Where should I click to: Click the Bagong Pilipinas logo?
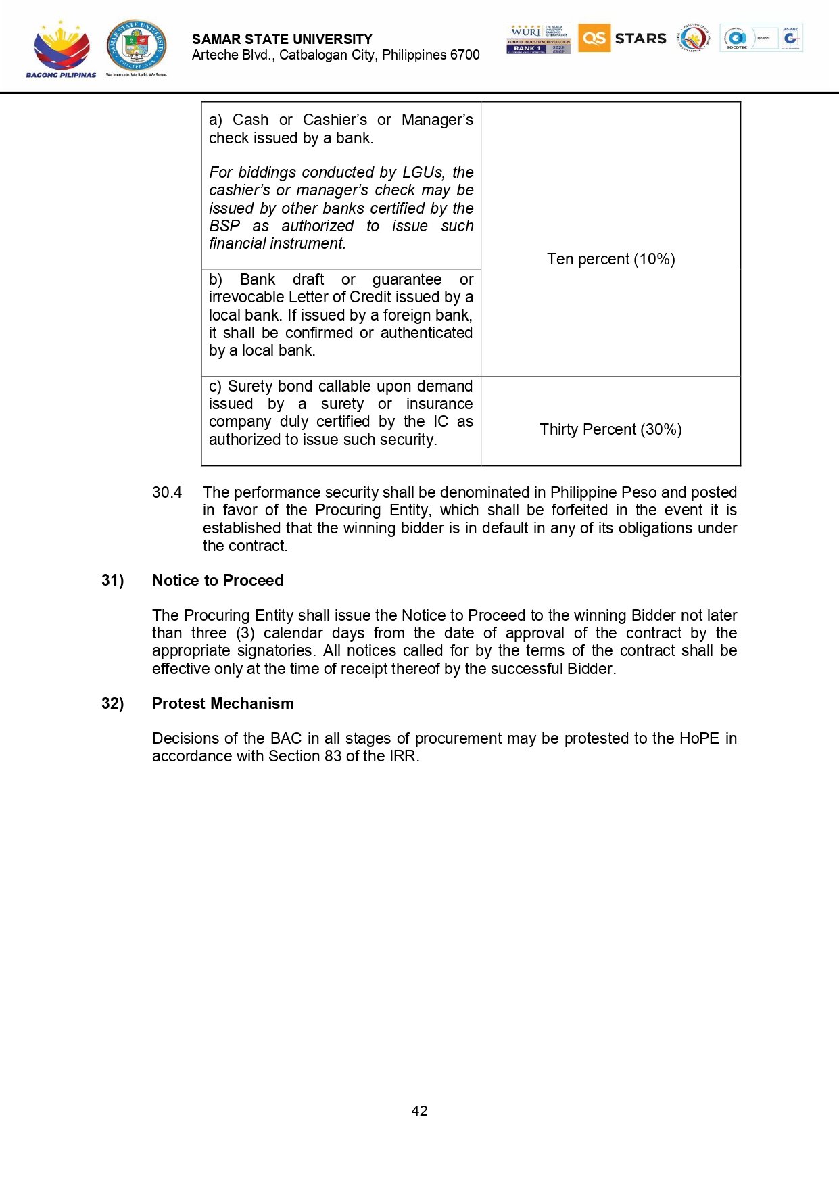tap(61, 49)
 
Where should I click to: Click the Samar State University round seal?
tap(137, 46)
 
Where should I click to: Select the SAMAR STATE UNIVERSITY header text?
tap(282, 39)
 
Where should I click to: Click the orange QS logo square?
tap(594, 38)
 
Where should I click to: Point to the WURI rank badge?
tap(538, 39)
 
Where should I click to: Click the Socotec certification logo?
tap(736, 39)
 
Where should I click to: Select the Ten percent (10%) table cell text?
tap(610, 259)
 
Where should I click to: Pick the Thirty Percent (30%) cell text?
tap(610, 429)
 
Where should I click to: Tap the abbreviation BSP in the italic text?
tap(224, 226)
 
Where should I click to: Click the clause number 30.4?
tap(167, 492)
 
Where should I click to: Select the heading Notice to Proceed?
tap(218, 580)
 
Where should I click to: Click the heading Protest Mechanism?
tap(223, 703)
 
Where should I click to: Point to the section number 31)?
tap(113, 580)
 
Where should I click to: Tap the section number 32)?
tap(113, 703)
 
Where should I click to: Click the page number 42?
tap(419, 1111)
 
